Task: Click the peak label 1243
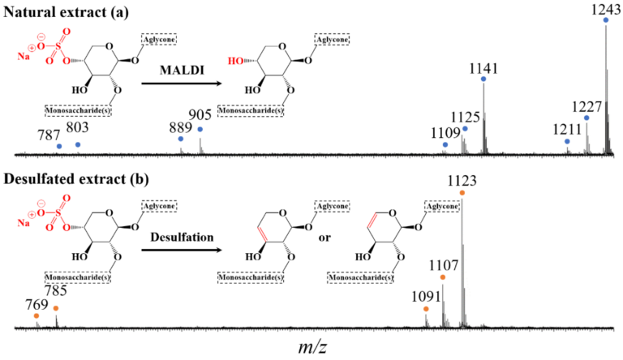pyautogui.click(x=606, y=9)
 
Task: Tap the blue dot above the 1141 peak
pyautogui.click(x=483, y=79)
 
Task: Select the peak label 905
pyautogui.click(x=200, y=115)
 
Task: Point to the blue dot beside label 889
pyautogui.click(x=181, y=139)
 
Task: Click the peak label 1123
pyautogui.click(x=462, y=181)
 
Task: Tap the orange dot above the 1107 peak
pyautogui.click(x=443, y=277)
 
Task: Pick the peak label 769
pyautogui.click(x=37, y=305)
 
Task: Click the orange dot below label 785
pyautogui.click(x=56, y=308)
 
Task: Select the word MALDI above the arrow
pyautogui.click(x=182, y=71)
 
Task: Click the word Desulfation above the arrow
pyautogui.click(x=182, y=238)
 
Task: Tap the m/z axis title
pyautogui.click(x=312, y=347)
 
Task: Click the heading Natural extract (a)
pyautogui.click(x=66, y=12)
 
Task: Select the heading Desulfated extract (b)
pyautogui.click(x=76, y=179)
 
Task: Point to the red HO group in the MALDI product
pyautogui.click(x=234, y=61)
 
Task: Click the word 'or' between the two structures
pyautogui.click(x=324, y=238)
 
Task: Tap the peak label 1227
pyautogui.click(x=586, y=107)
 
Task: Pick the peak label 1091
pyautogui.click(x=427, y=297)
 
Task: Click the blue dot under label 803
pyautogui.click(x=78, y=144)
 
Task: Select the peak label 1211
pyautogui.click(x=567, y=130)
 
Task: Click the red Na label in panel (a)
pyautogui.click(x=23, y=57)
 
